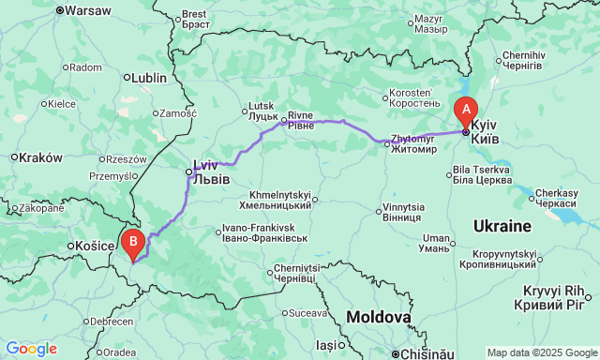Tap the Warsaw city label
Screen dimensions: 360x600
pos(88,10)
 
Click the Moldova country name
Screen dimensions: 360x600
pos(378,318)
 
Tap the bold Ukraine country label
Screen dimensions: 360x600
pos(502,227)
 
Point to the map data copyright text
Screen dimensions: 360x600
pos(541,352)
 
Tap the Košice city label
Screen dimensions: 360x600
pos(88,246)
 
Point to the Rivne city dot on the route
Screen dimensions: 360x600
pos(284,120)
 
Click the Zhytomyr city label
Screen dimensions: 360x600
pos(412,143)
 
